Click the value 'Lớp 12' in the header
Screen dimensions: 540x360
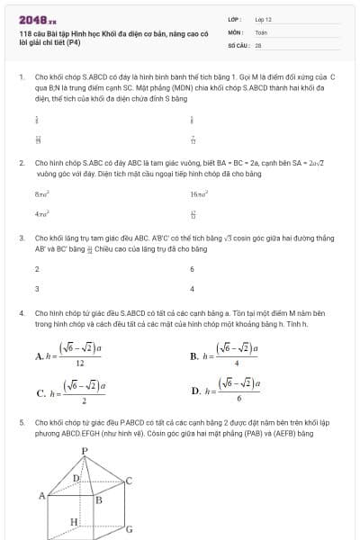264,19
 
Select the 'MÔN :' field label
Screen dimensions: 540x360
236,31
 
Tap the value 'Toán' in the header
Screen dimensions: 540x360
261,31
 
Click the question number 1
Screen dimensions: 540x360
21,77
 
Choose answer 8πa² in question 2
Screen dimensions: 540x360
41,193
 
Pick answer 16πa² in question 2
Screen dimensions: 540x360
199,193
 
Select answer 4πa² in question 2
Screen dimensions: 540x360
41,214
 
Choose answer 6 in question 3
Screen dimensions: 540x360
192,269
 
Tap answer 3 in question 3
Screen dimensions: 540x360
37,289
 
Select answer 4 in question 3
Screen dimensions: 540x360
192,289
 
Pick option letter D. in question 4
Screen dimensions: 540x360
196,391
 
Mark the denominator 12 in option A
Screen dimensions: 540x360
81,364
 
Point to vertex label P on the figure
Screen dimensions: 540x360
84,450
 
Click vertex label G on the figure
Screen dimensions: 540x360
129,529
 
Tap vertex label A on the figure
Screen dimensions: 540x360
41,495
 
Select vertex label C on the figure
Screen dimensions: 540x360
129,481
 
